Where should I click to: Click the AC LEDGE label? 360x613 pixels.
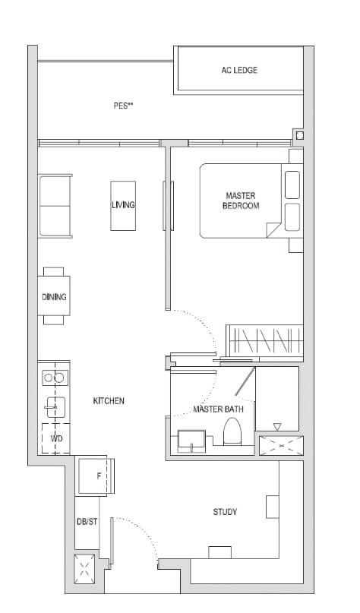tap(238, 71)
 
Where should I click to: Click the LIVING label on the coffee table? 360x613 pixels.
tap(123, 205)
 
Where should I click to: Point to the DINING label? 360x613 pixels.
tap(54, 297)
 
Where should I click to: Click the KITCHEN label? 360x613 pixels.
tap(109, 400)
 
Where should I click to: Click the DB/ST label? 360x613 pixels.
tap(87, 521)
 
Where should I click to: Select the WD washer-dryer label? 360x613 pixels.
tap(55, 439)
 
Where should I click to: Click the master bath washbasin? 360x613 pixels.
tap(192, 441)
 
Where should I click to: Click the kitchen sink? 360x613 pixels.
tap(54, 409)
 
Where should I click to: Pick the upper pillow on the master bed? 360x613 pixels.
tap(292, 185)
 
